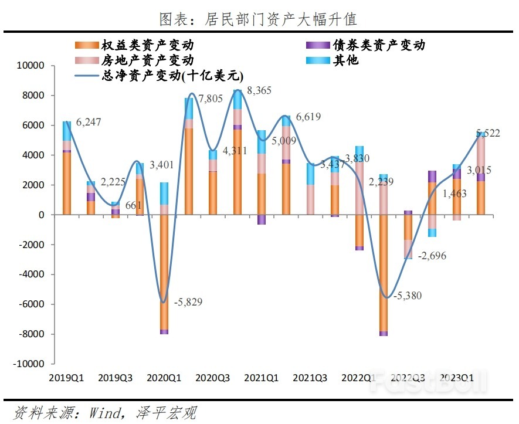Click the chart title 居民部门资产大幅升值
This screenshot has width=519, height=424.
(259, 19)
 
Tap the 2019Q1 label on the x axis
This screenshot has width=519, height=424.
(67, 378)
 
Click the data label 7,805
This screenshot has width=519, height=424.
(211, 99)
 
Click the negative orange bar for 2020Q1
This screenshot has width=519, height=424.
(164, 272)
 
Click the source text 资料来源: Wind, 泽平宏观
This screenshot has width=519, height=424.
(105, 412)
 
